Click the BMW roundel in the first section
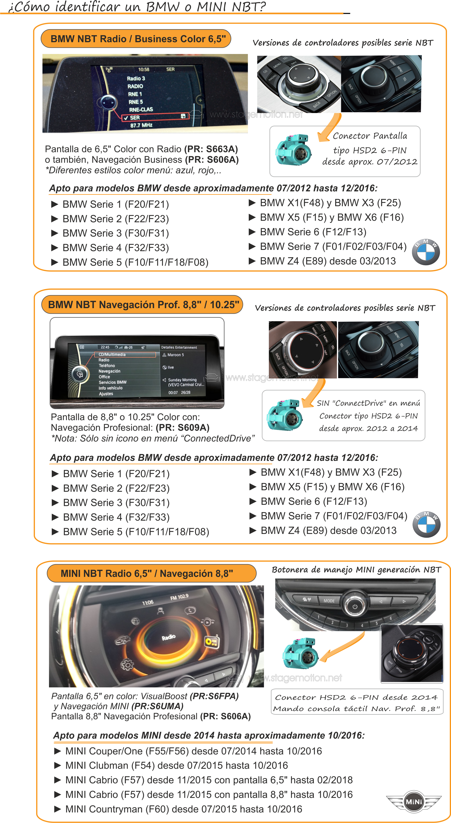425,252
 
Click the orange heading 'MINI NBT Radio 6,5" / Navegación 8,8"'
147,573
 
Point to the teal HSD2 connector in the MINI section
300,653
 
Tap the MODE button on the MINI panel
329,601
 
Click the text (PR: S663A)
211,149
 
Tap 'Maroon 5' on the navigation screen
175,355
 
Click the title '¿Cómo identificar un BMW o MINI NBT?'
137,6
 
